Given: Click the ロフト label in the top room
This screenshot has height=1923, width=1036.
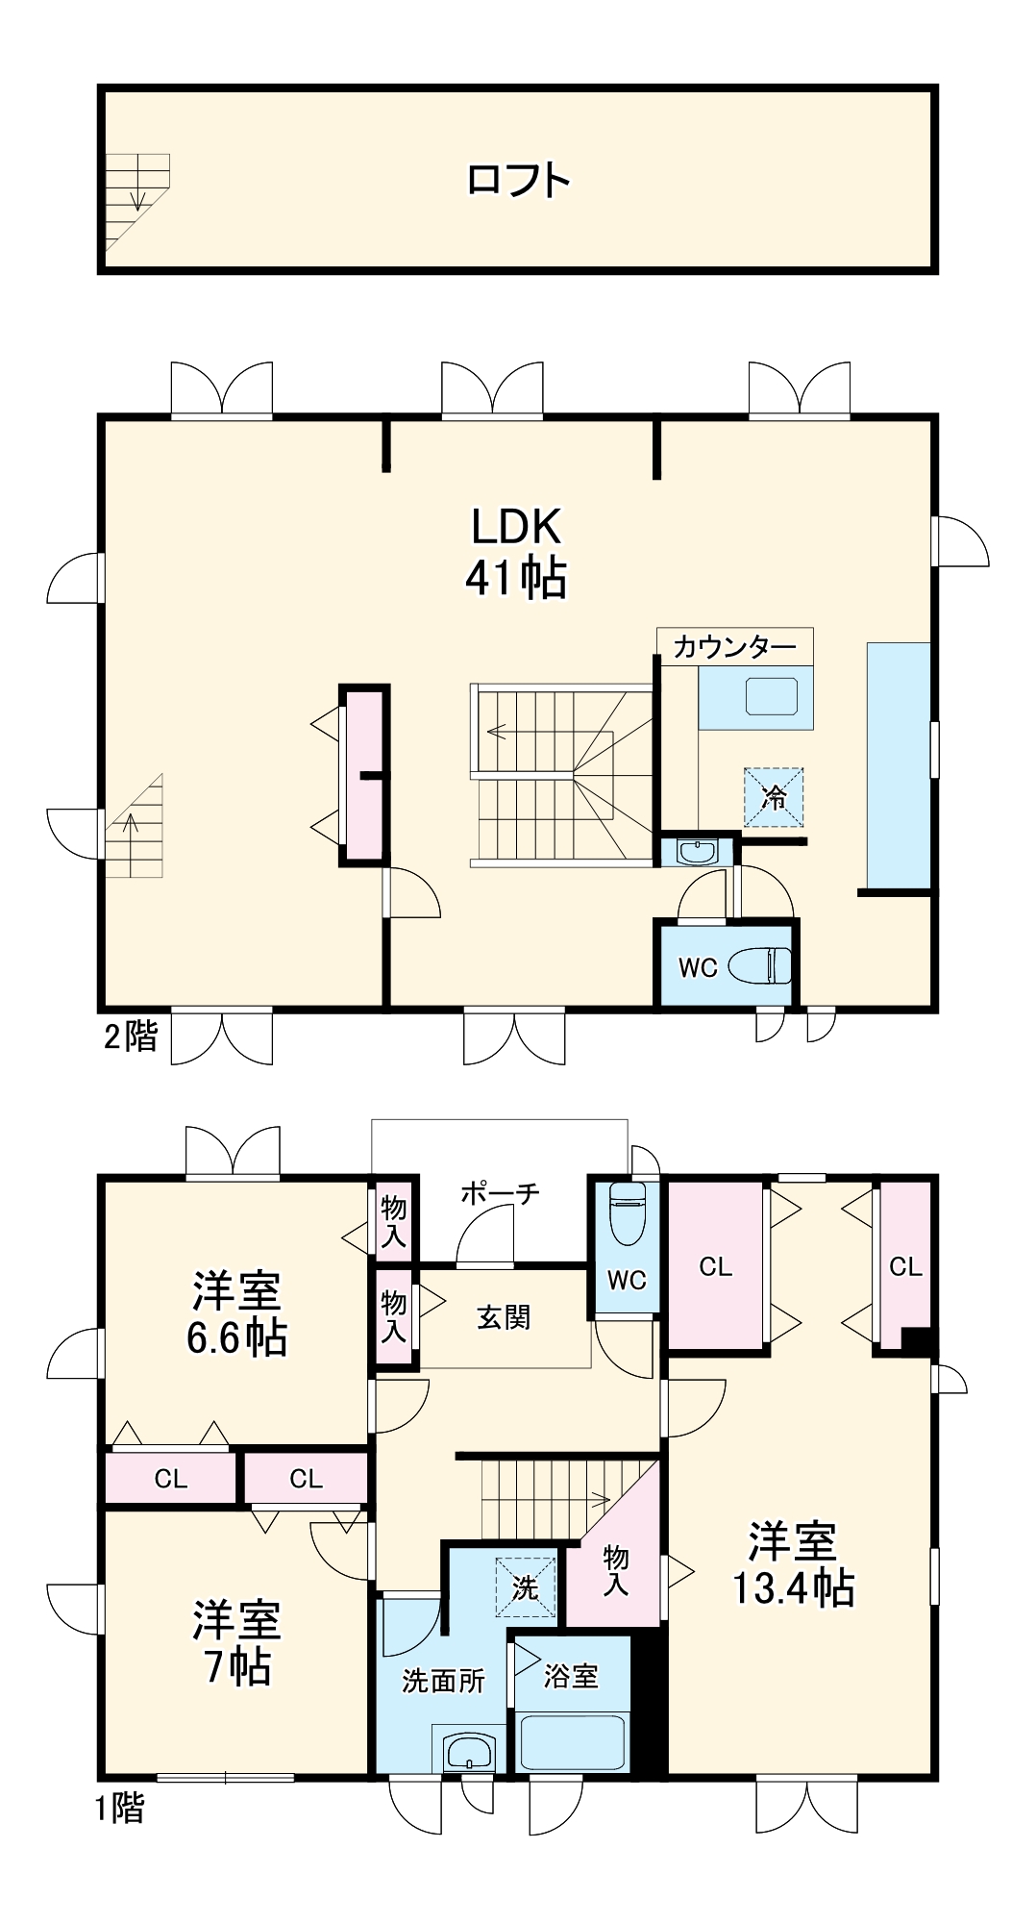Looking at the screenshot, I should pyautogui.click(x=518, y=181).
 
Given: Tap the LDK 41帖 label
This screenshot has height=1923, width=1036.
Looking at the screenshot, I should pyautogui.click(x=516, y=553).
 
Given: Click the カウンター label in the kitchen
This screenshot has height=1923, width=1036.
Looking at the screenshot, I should pyautogui.click(x=734, y=647).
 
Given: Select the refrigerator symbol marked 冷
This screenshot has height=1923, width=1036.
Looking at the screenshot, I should pyautogui.click(x=774, y=797).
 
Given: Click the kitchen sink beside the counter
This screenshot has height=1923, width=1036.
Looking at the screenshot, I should pyautogui.click(x=772, y=696).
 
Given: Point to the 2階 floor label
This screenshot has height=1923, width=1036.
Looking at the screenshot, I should pyautogui.click(x=130, y=1036).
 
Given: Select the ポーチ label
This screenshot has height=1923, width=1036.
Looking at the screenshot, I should pyautogui.click(x=500, y=1194).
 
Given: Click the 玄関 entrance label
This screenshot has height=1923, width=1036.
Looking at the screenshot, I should pyautogui.click(x=504, y=1317).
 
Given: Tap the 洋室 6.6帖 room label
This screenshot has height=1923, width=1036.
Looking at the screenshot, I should pyautogui.click(x=236, y=1313).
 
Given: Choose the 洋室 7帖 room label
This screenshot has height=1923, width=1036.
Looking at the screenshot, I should pyautogui.click(x=236, y=1642).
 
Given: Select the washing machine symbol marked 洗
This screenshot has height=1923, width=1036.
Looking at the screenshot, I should pyautogui.click(x=525, y=1587).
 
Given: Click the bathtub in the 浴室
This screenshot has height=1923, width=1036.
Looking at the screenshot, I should pyautogui.click(x=571, y=1740).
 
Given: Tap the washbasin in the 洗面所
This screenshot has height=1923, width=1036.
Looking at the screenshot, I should pyautogui.click(x=469, y=1751).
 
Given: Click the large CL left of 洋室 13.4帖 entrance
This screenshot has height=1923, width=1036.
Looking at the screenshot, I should pyautogui.click(x=715, y=1266).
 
